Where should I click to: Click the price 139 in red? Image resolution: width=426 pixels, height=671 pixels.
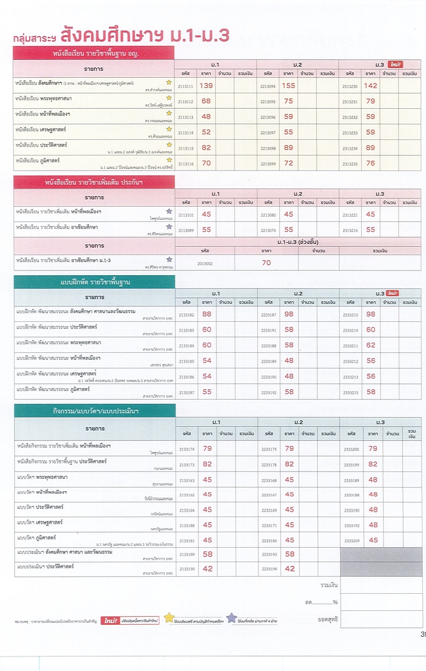206,85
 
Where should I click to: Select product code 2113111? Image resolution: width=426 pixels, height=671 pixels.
185,87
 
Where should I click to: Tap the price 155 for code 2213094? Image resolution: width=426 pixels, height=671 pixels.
289,85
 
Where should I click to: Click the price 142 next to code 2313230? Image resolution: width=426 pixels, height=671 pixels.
371,85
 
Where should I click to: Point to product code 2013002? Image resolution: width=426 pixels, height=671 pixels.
205,263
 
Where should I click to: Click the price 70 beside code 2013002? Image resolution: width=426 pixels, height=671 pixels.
266,263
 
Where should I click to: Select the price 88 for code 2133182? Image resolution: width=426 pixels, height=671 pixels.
207,314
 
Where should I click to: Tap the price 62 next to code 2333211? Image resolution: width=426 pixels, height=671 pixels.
371,345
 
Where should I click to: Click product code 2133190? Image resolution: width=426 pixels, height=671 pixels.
187,569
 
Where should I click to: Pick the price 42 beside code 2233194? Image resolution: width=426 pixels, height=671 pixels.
289,569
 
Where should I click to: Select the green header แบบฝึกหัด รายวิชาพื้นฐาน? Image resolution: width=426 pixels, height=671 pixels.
95,283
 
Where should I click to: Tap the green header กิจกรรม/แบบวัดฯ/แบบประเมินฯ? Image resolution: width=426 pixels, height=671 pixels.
95,411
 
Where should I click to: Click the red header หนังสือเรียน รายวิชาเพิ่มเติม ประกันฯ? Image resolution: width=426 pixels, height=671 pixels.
95,182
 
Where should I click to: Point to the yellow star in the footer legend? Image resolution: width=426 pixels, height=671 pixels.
169,618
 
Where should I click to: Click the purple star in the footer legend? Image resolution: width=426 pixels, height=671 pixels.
231,618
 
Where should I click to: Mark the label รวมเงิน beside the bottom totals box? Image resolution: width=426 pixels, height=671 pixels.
329,585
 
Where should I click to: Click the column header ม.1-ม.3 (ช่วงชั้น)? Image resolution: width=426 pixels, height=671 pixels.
298,242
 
